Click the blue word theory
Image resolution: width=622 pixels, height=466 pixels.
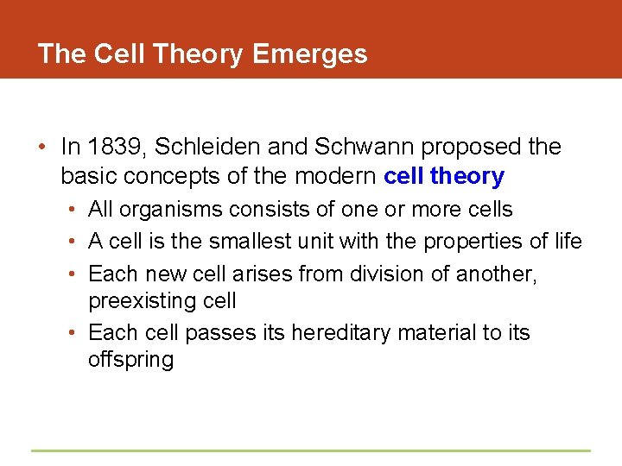(x=467, y=176)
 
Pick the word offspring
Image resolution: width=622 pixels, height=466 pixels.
(x=130, y=360)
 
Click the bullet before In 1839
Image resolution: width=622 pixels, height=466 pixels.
(x=42, y=148)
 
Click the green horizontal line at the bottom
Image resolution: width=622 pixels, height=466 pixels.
(x=311, y=450)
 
